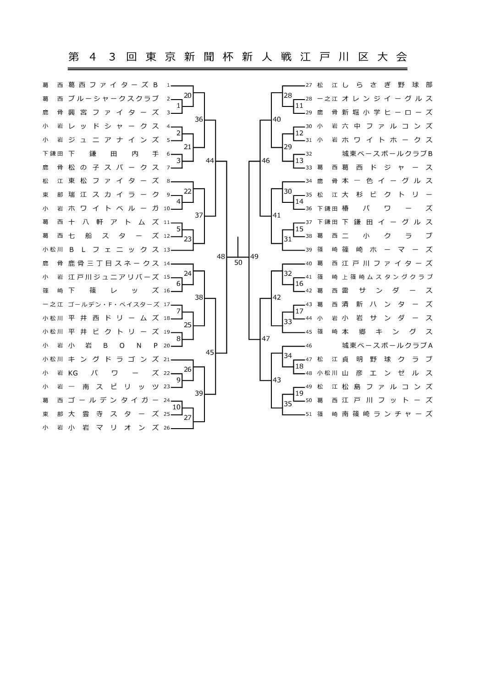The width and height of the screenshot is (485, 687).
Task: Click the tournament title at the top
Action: (237, 57)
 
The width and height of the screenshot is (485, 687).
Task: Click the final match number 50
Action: (238, 263)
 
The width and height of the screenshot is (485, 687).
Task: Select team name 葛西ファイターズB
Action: (113, 85)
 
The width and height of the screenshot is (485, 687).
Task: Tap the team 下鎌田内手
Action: (113, 154)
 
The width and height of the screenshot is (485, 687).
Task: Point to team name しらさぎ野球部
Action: (387, 85)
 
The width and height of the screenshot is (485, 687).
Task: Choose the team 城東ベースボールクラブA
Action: (387, 345)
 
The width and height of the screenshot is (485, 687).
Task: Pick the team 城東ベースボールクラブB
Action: (387, 153)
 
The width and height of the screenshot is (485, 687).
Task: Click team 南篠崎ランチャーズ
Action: (387, 414)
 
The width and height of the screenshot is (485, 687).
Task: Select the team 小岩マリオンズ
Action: (113, 428)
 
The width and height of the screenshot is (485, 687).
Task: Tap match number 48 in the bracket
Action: (221, 257)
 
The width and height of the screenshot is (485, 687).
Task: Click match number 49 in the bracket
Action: (254, 257)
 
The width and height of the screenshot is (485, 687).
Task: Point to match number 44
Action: (210, 161)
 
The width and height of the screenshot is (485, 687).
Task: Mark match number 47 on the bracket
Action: (266, 339)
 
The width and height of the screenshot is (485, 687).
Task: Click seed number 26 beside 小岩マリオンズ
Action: (166, 428)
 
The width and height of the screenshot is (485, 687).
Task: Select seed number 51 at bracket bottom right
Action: (309, 414)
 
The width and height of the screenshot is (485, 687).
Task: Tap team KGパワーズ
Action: (113, 373)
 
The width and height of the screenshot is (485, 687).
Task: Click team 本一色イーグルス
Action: (387, 181)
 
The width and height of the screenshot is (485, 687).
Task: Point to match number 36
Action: (199, 119)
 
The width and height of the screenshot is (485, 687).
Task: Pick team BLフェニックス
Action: (113, 250)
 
